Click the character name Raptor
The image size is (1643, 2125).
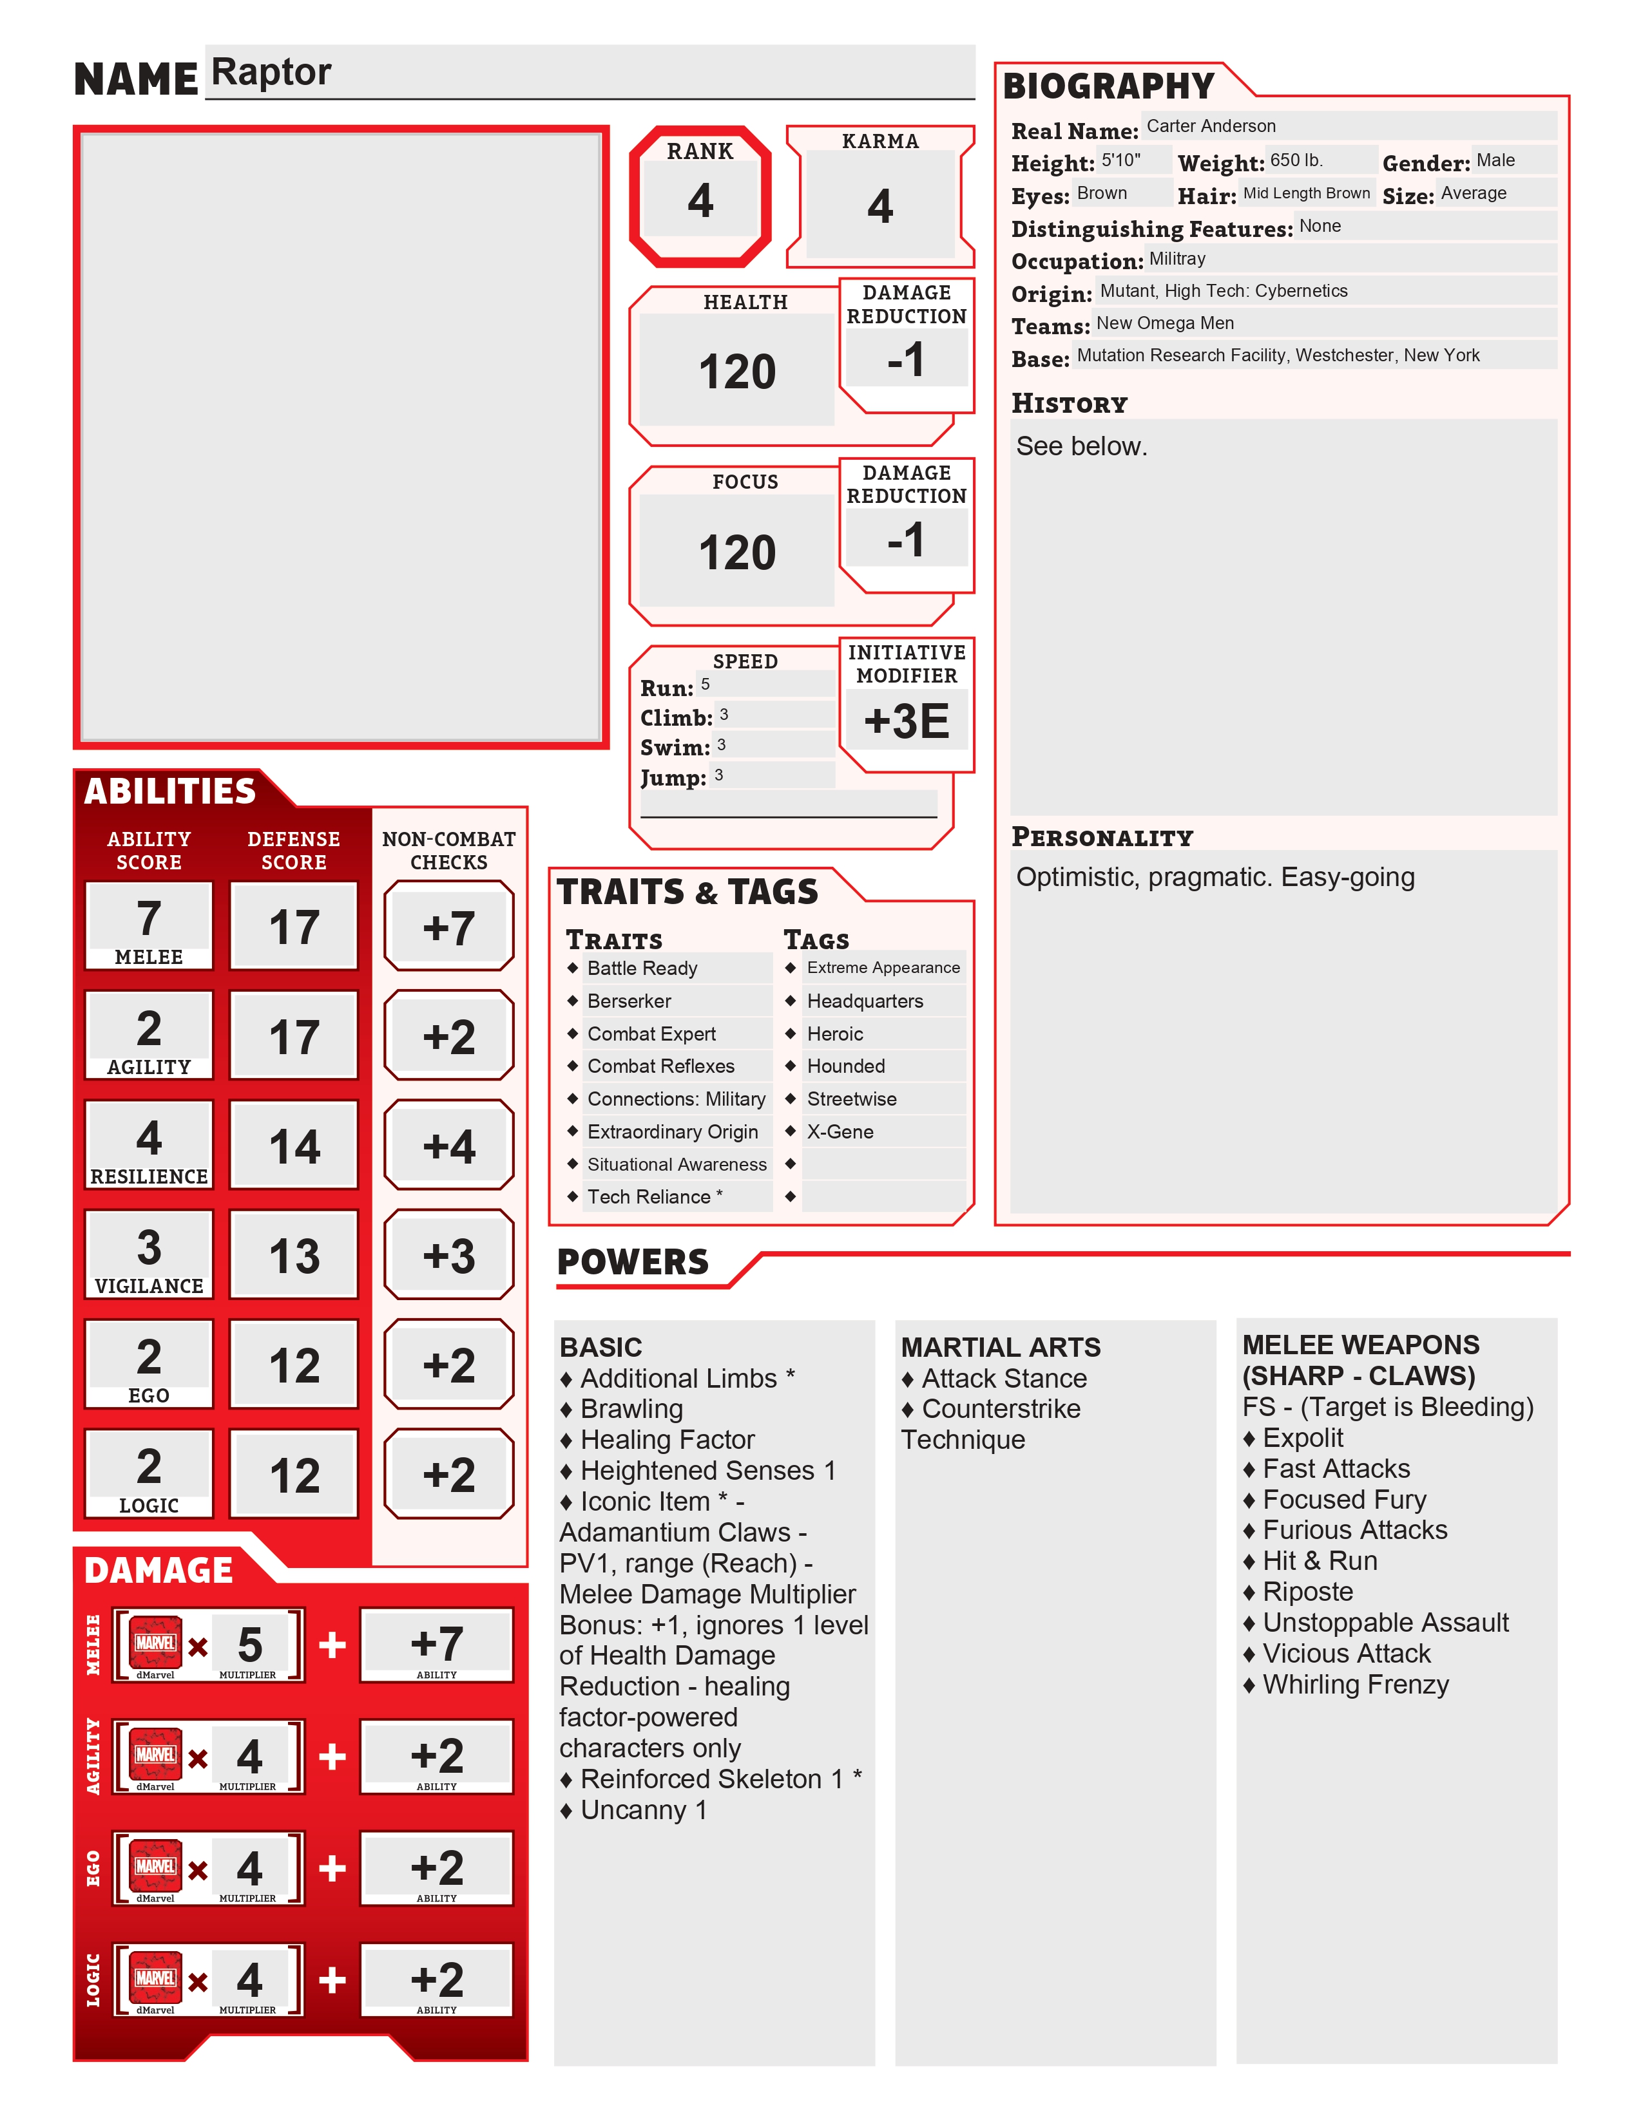coord(271,72)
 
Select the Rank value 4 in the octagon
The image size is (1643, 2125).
coord(700,200)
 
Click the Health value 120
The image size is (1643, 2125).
coord(737,372)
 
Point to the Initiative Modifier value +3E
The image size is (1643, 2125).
coord(906,721)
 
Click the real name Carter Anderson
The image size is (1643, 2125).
coord(1210,126)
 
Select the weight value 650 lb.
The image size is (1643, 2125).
coord(1296,160)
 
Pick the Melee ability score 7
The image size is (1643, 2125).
coord(148,918)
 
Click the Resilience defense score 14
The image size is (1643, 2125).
coord(294,1146)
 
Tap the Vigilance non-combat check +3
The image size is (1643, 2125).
coord(448,1255)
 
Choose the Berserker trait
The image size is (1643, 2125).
coord(629,1001)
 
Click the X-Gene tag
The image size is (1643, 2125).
coord(840,1131)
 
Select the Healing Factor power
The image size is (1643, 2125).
coord(667,1439)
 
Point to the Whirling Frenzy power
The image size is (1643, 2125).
coord(1355,1685)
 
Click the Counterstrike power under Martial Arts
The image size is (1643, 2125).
coord(1001,1409)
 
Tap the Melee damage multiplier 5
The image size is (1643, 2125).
coord(250,1643)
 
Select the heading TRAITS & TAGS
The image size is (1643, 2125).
coord(687,891)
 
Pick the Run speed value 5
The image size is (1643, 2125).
coord(706,684)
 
